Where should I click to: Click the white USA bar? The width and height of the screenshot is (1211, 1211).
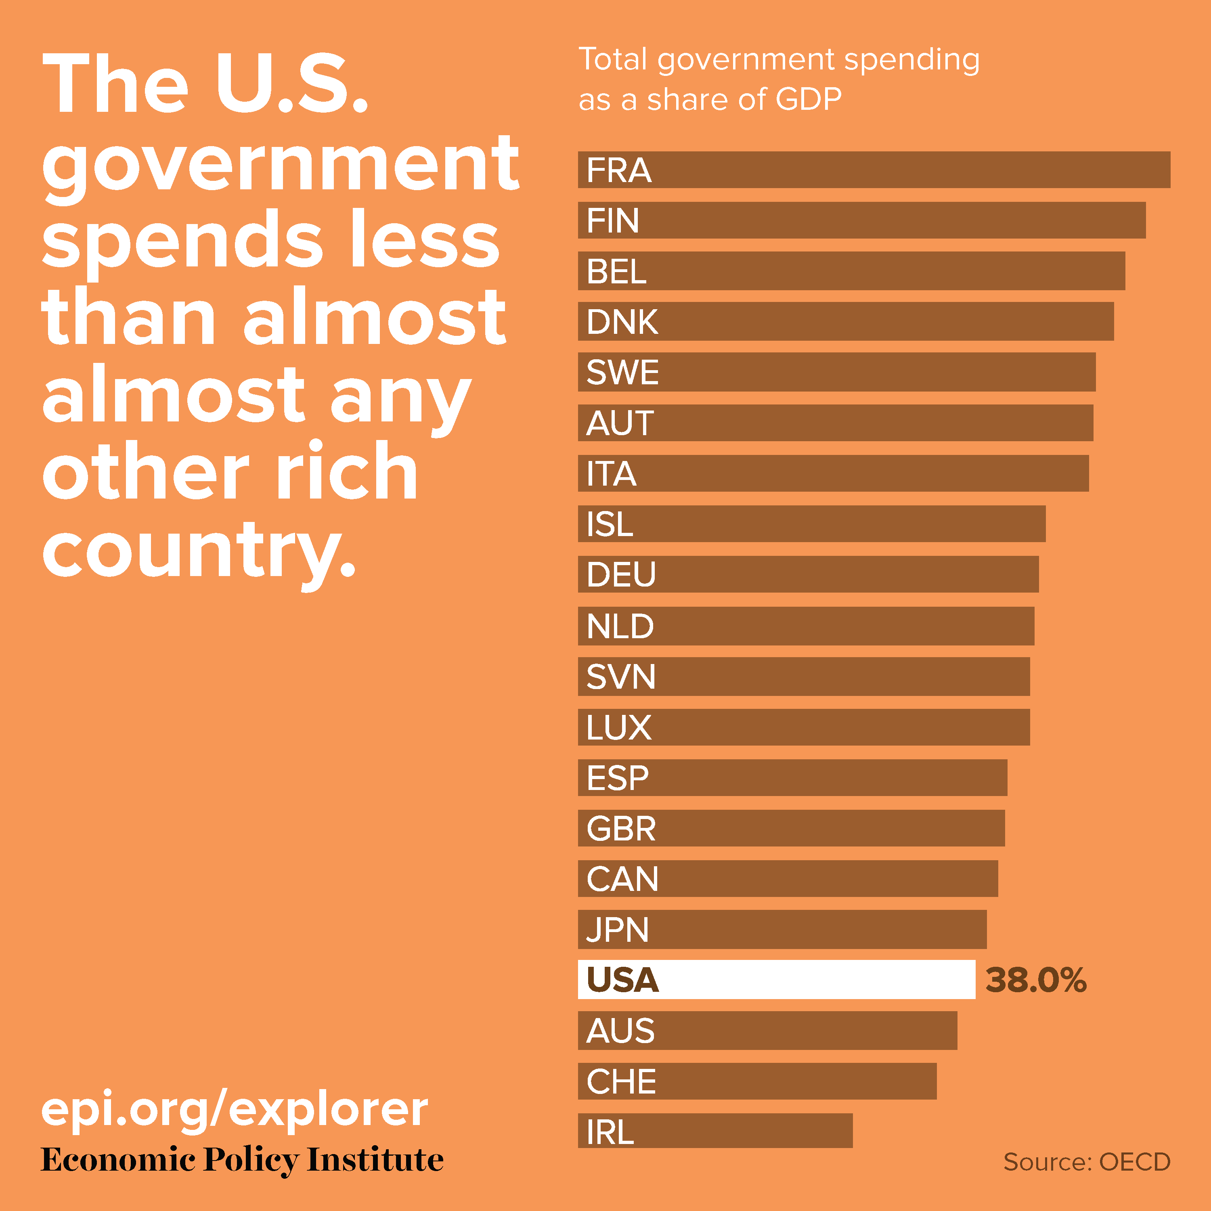(x=776, y=979)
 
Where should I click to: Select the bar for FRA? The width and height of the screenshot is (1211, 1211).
(x=874, y=169)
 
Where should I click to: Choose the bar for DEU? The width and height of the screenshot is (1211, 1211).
(x=808, y=574)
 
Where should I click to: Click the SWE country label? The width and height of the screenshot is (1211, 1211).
(x=622, y=372)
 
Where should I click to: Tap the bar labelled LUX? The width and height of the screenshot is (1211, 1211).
(x=804, y=727)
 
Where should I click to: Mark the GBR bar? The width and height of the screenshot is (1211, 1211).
(x=791, y=828)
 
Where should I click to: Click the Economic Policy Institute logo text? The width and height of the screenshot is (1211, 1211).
(x=242, y=1160)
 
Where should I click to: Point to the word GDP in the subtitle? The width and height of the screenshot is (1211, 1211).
(x=808, y=99)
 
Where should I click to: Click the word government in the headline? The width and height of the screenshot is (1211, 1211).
(x=280, y=164)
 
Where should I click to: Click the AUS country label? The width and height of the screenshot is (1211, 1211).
(x=620, y=1031)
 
